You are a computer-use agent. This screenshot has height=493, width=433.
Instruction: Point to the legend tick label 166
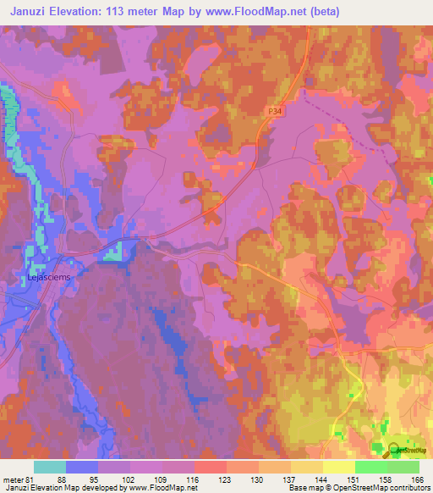tap(418, 479)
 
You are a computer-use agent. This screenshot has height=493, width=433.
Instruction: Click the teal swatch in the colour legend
tap(50, 467)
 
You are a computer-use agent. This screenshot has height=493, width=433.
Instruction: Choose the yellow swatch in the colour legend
tap(339, 467)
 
